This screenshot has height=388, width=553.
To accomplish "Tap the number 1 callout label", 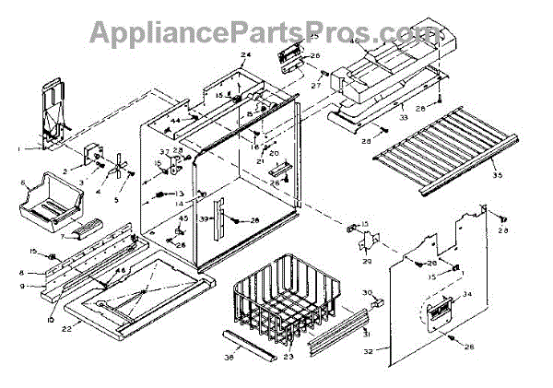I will point(18,147).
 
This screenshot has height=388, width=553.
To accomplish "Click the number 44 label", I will point(174,122).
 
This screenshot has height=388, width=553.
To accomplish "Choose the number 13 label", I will point(180,194).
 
